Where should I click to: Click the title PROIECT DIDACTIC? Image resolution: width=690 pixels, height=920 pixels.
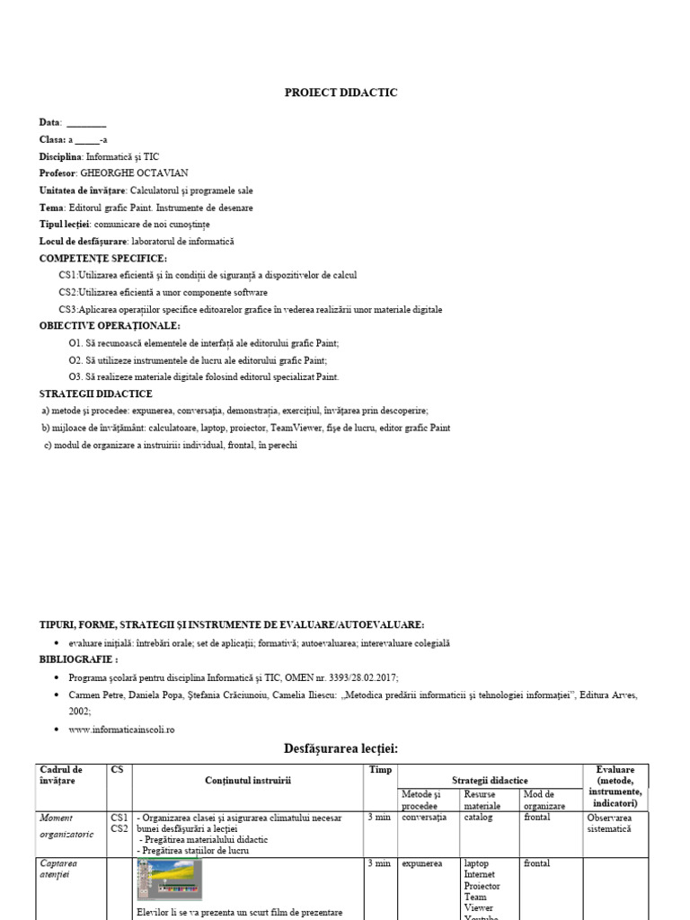[x=341, y=93]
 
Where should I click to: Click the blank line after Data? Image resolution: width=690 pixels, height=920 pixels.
[x=86, y=123]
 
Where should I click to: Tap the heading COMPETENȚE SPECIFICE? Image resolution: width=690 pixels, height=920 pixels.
[x=103, y=259]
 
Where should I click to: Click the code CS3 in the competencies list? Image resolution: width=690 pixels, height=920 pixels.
[x=68, y=310]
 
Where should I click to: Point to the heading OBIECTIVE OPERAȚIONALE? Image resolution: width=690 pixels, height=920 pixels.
[x=110, y=326]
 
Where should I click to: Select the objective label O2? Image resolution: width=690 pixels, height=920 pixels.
[x=75, y=360]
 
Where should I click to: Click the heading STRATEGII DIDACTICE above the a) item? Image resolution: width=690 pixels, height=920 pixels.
[x=96, y=394]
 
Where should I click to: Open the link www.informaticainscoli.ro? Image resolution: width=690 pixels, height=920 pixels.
[x=121, y=730]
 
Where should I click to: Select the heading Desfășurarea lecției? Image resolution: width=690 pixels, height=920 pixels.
[x=341, y=748]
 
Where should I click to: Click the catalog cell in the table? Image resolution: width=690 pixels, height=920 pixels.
[x=478, y=818]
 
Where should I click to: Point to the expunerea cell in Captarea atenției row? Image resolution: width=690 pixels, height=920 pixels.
[x=422, y=864]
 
